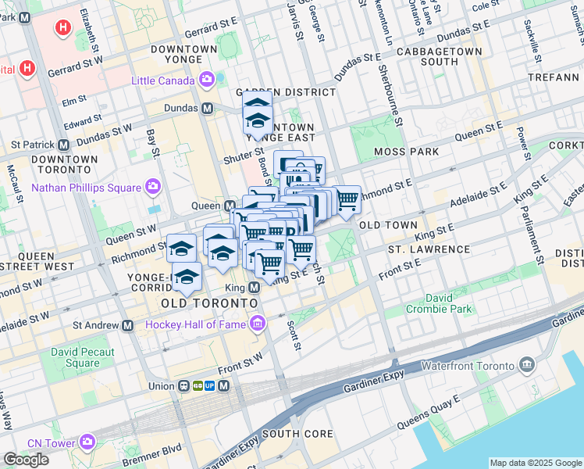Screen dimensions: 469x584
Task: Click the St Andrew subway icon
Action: click(x=126, y=324)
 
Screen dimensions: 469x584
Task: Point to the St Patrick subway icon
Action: click(x=63, y=145)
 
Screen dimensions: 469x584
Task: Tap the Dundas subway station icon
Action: click(x=207, y=108)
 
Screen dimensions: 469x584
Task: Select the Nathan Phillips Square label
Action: click(x=86, y=187)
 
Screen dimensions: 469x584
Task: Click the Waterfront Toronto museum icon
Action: click(x=527, y=365)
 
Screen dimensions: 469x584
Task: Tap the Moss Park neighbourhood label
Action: click(x=406, y=151)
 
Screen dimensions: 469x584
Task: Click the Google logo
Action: click(x=26, y=460)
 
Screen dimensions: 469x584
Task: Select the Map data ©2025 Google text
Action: click(x=536, y=463)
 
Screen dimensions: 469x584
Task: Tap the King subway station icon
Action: click(x=253, y=288)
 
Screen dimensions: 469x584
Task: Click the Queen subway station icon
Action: click(x=230, y=206)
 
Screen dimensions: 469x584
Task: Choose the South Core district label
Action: click(x=297, y=434)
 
